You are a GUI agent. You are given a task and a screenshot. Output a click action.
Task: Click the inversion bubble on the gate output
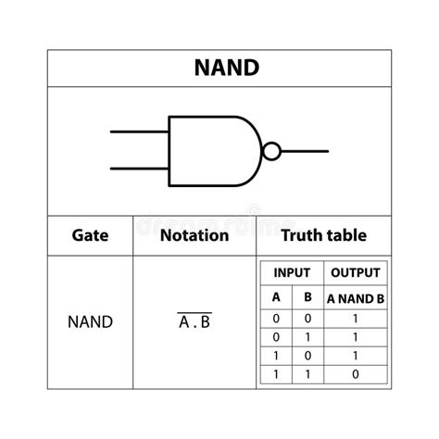click(270, 150)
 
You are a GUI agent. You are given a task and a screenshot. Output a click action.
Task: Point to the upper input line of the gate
click(139, 132)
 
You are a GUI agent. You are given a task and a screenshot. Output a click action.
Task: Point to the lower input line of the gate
click(139, 169)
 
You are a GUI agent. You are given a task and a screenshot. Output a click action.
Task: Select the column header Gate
click(90, 235)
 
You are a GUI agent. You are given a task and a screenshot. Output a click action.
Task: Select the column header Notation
click(194, 235)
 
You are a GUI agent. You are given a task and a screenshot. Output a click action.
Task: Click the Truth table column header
click(323, 235)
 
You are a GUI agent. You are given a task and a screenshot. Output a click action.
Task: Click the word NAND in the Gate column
click(90, 322)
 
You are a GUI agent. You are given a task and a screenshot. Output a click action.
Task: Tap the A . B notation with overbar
click(194, 322)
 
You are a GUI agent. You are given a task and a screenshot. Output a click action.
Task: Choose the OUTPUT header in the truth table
click(355, 273)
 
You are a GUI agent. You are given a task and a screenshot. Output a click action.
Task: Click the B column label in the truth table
click(307, 297)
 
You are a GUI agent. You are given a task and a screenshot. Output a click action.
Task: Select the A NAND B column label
click(355, 297)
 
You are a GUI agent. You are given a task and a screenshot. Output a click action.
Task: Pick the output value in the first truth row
click(355, 317)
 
